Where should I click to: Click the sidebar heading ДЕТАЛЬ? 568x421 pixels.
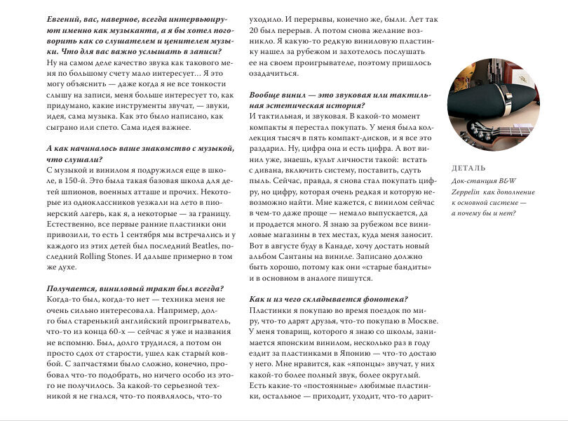[468, 168]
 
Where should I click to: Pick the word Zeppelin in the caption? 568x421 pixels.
[469, 191]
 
